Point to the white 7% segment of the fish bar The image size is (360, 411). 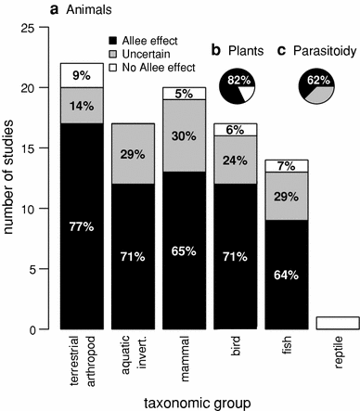click(x=286, y=166)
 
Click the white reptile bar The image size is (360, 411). click(x=337, y=323)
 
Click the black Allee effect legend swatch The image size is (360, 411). click(x=114, y=42)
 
